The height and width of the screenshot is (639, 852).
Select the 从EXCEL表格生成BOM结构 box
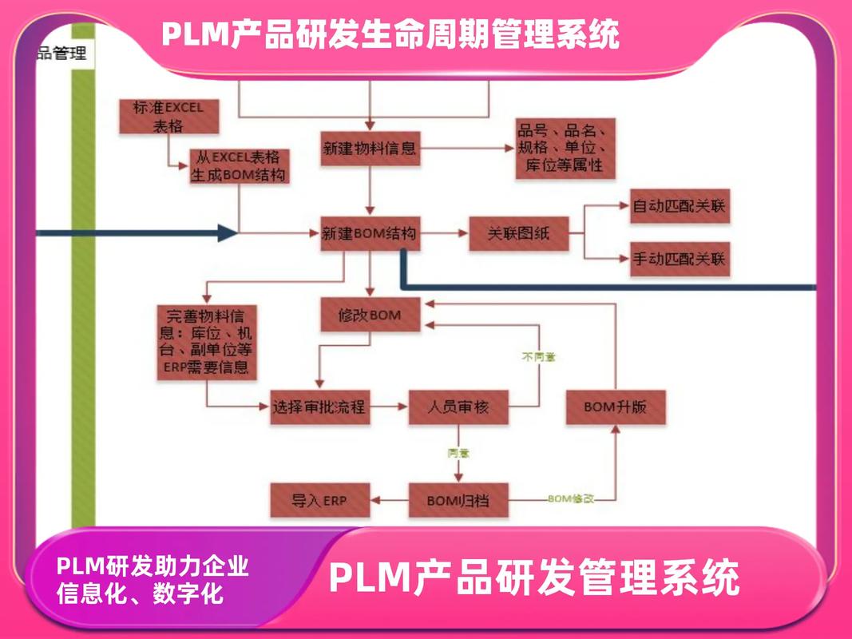[239, 166]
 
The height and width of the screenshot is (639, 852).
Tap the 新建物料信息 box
[369, 149]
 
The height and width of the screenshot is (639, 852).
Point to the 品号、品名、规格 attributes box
[565, 149]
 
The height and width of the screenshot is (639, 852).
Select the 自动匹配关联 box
[679, 207]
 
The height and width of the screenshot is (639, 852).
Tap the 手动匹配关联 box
[679, 259]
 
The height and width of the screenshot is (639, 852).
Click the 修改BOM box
[370, 315]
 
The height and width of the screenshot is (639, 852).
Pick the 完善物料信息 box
[207, 340]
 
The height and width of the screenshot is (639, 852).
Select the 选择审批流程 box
[319, 407]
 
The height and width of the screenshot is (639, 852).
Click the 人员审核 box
[458, 407]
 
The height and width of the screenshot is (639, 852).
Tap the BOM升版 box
[615, 407]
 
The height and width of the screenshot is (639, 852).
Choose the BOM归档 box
[458, 502]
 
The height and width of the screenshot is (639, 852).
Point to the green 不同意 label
[538, 356]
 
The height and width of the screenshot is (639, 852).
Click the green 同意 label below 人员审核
[458, 453]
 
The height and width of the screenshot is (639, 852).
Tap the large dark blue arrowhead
[227, 233]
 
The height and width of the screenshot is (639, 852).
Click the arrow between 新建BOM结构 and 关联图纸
[444, 233]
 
